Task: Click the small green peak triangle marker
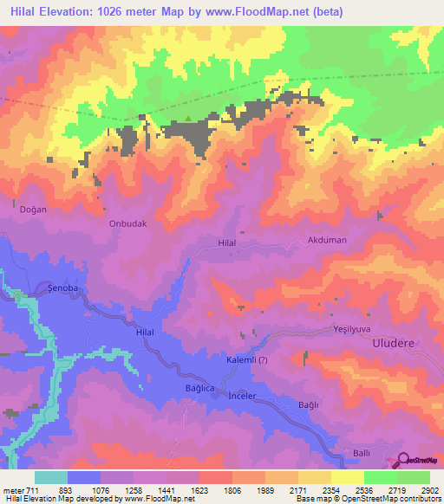(188, 120)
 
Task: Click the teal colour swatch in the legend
(51, 477)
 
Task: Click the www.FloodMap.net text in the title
(261, 12)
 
